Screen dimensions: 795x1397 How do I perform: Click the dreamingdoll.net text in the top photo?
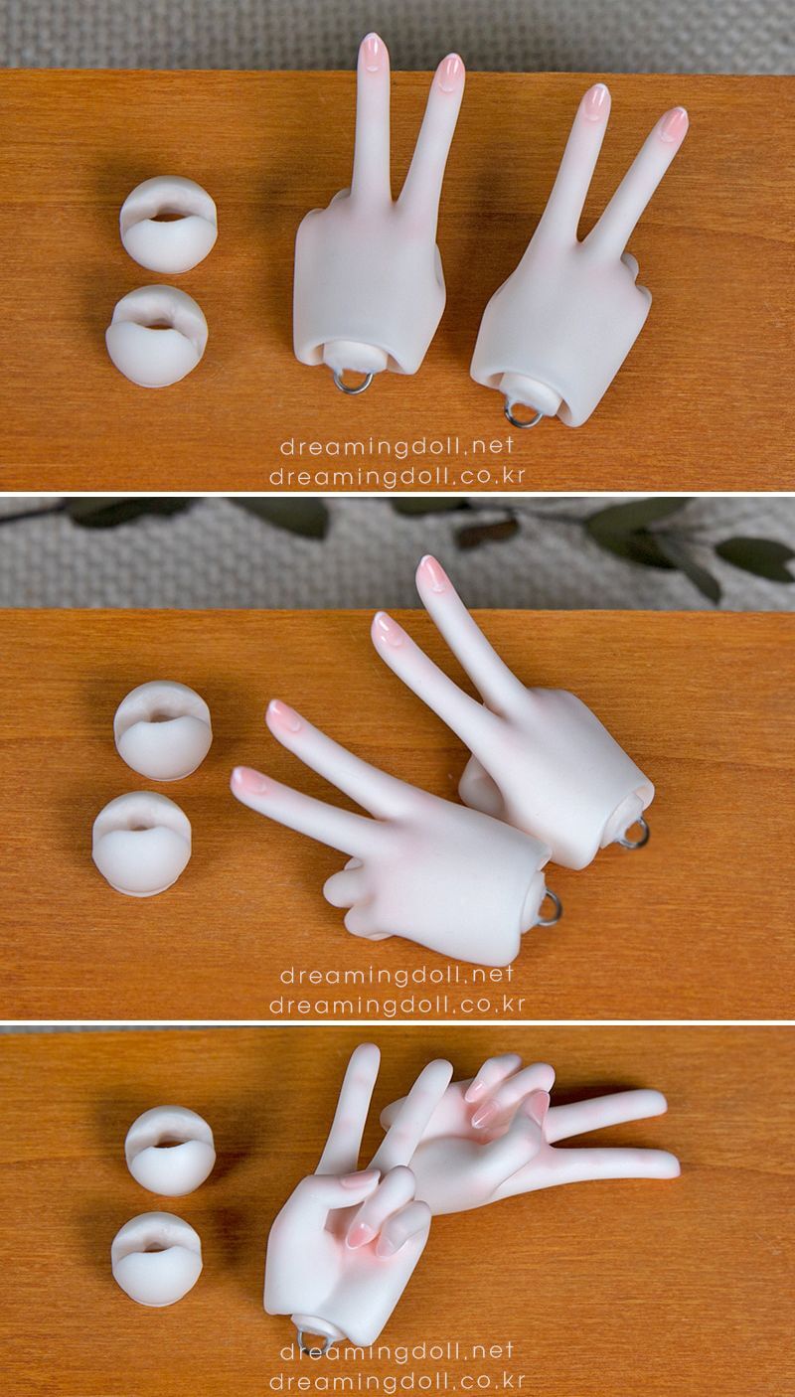397,446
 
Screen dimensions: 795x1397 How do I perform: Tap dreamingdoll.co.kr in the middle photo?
397,1005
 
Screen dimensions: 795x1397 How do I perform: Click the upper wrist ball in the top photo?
168,224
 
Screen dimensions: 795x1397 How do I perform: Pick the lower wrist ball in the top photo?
156,336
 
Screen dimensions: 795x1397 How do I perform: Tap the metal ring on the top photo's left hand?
354,381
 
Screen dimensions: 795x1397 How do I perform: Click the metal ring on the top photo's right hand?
524,412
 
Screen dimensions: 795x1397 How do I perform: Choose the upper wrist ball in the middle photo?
163,729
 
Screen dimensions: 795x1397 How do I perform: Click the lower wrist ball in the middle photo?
141,844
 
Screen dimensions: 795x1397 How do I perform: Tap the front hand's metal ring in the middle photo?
550,909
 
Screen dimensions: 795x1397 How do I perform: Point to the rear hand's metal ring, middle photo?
636,835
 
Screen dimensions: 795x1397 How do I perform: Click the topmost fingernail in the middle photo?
433,572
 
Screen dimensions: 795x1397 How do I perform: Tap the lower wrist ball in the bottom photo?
157,1259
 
